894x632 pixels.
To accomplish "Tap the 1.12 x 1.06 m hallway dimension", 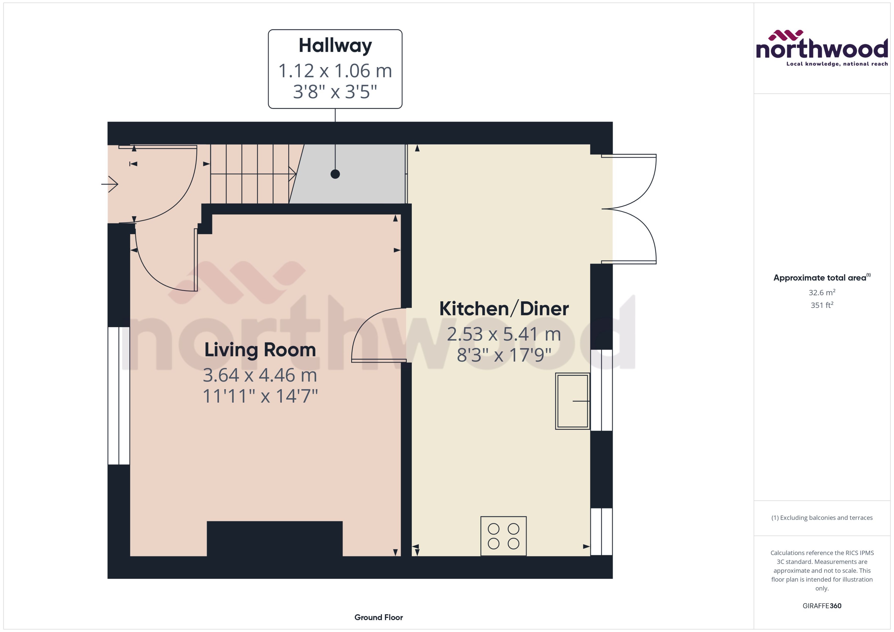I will click(335, 71).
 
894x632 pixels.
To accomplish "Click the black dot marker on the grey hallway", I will click(335, 174).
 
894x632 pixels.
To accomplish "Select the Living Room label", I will click(260, 350).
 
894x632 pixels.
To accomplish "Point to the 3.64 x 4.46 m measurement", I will click(260, 375).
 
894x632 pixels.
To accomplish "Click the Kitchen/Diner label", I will click(504, 309).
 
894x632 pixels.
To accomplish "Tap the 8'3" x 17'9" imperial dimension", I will click(504, 355).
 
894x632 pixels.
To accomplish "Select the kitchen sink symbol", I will click(572, 401).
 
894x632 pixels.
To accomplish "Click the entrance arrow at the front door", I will click(110, 184).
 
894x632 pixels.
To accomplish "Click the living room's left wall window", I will click(119, 395).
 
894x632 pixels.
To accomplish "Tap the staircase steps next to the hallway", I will click(249, 174).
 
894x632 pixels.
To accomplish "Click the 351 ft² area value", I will click(821, 305).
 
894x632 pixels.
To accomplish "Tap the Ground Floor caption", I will click(378, 617).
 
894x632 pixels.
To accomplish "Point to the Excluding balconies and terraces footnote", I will click(821, 518).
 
